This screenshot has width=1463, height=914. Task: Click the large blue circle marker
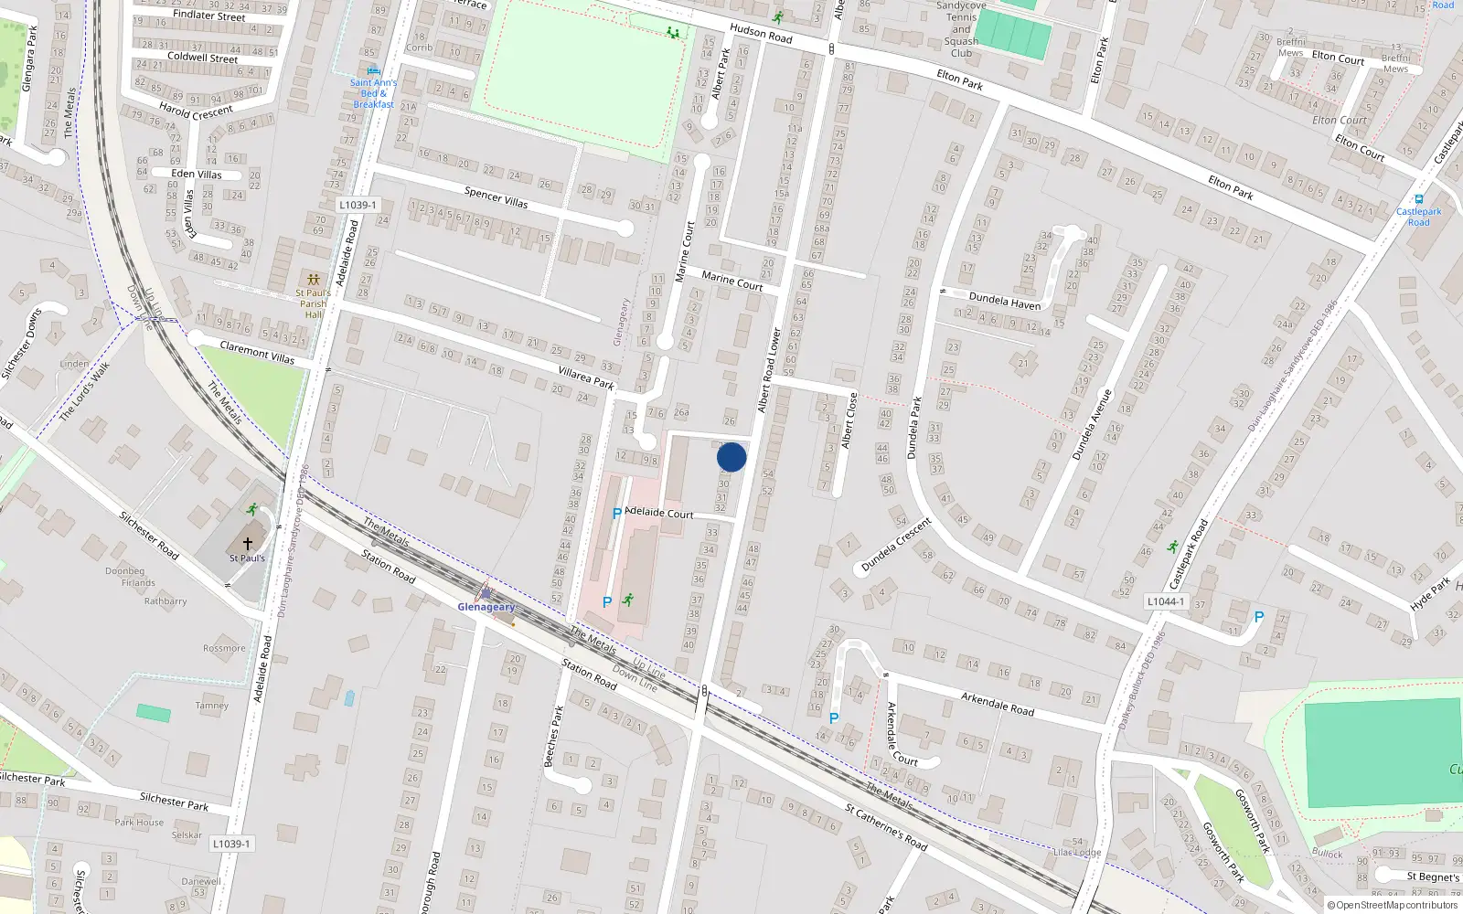pos(731,457)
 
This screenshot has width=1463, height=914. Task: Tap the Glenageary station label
pos(486,607)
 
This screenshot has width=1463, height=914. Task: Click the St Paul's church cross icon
pos(247,543)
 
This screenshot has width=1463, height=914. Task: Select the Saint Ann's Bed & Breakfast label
pos(373,93)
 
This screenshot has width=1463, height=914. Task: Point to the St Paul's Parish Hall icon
pos(314,279)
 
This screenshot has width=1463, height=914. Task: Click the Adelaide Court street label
pos(659,513)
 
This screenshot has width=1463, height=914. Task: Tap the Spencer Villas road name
pos(496,197)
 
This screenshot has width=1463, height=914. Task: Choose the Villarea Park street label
pos(586,377)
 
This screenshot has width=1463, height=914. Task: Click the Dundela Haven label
pos(1004,301)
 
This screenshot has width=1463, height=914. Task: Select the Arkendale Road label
pos(997,703)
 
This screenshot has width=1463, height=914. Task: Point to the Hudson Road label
pos(761,34)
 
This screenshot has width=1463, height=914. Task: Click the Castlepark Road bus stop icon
pos(1418,199)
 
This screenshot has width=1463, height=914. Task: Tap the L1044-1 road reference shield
pos(1165,601)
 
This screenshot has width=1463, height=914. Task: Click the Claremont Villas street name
pos(257,352)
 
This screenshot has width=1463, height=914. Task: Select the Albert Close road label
pos(849,420)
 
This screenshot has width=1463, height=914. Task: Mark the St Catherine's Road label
pos(886,826)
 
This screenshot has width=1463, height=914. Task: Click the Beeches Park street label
pos(554,736)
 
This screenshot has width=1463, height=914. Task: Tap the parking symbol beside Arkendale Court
pos(834,718)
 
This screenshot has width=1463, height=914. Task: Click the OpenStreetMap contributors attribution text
pos(1392,906)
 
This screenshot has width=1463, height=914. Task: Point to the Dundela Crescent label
pos(896,545)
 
